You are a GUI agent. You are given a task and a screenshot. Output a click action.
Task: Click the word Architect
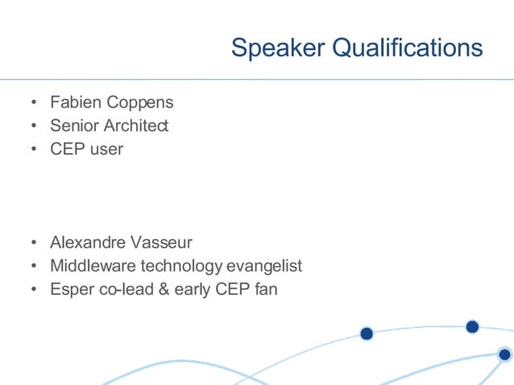(136, 126)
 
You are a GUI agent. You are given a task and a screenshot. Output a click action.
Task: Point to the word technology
(182, 266)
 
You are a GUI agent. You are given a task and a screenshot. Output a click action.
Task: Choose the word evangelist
(265, 266)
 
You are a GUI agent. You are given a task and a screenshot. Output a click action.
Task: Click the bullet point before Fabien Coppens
(34, 104)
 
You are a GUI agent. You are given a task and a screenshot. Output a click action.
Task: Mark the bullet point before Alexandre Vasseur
(34, 243)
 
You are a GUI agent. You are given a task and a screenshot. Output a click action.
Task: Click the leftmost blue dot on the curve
(367, 333)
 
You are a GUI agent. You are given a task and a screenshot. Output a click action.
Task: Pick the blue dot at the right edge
(504, 354)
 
